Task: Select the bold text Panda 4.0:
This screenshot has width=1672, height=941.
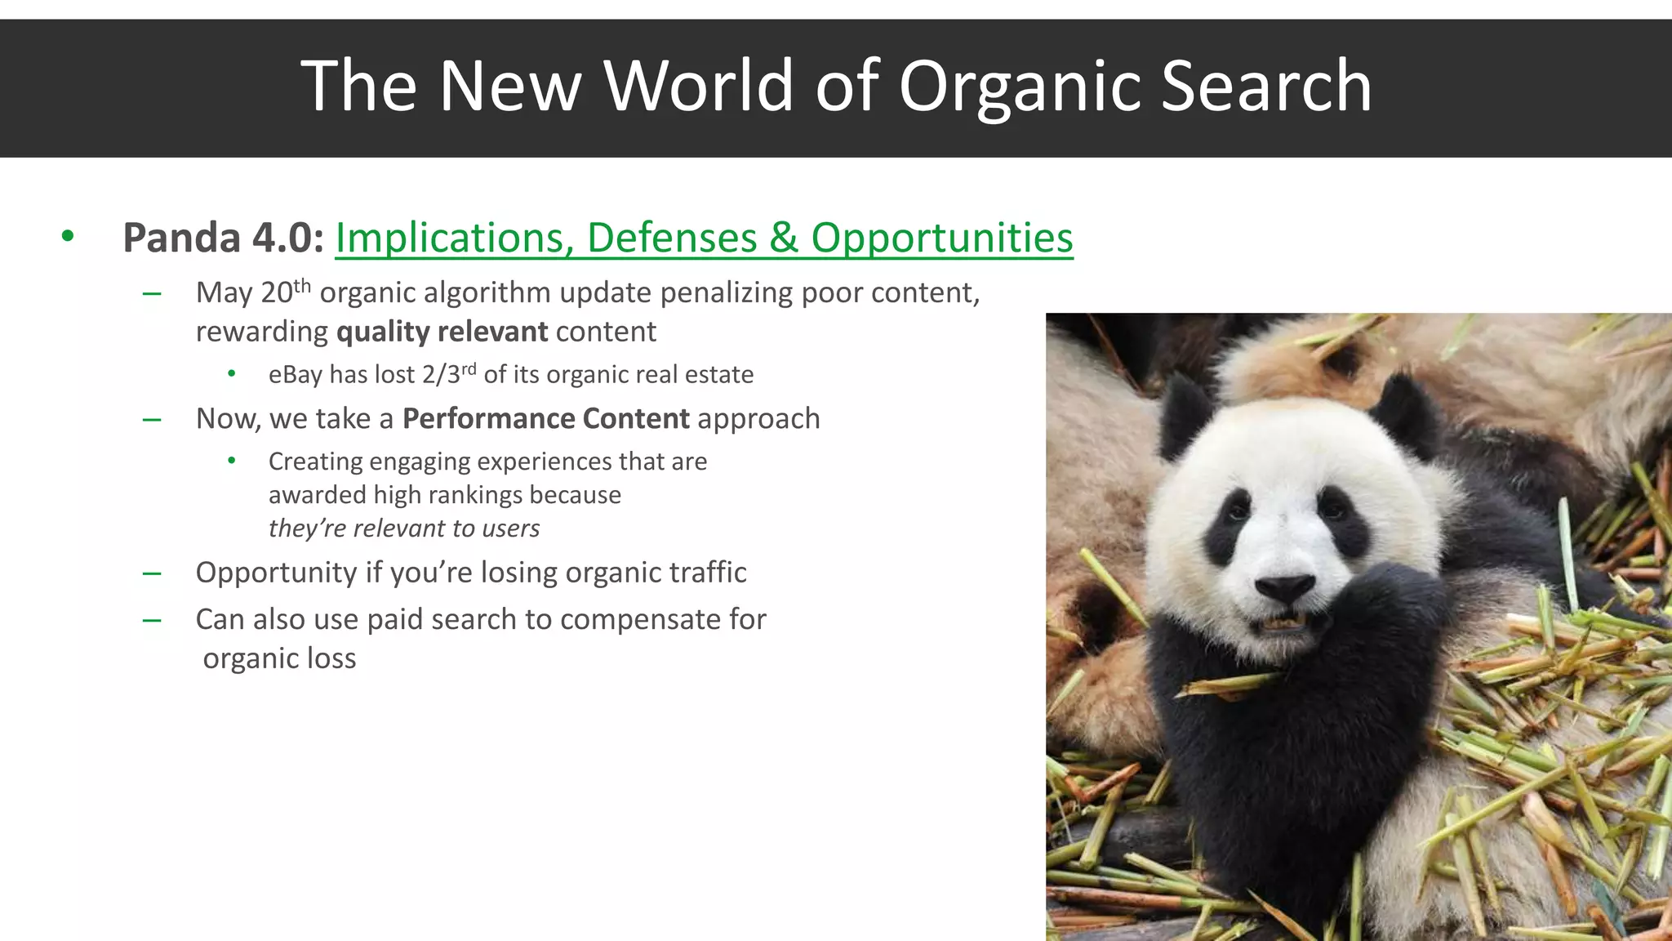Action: (x=223, y=239)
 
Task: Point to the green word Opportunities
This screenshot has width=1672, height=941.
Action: (x=941, y=239)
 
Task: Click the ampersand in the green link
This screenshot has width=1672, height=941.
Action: (x=783, y=239)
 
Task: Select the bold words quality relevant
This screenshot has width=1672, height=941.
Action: (x=442, y=332)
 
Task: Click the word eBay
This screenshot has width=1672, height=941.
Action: (x=295, y=375)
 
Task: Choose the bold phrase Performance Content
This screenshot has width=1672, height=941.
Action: (x=545, y=418)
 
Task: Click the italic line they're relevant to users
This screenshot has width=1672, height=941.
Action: (x=404, y=528)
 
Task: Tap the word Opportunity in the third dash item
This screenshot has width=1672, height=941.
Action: (x=276, y=573)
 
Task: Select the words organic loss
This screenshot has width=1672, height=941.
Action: (x=279, y=658)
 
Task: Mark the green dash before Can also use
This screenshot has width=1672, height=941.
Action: (x=151, y=620)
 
